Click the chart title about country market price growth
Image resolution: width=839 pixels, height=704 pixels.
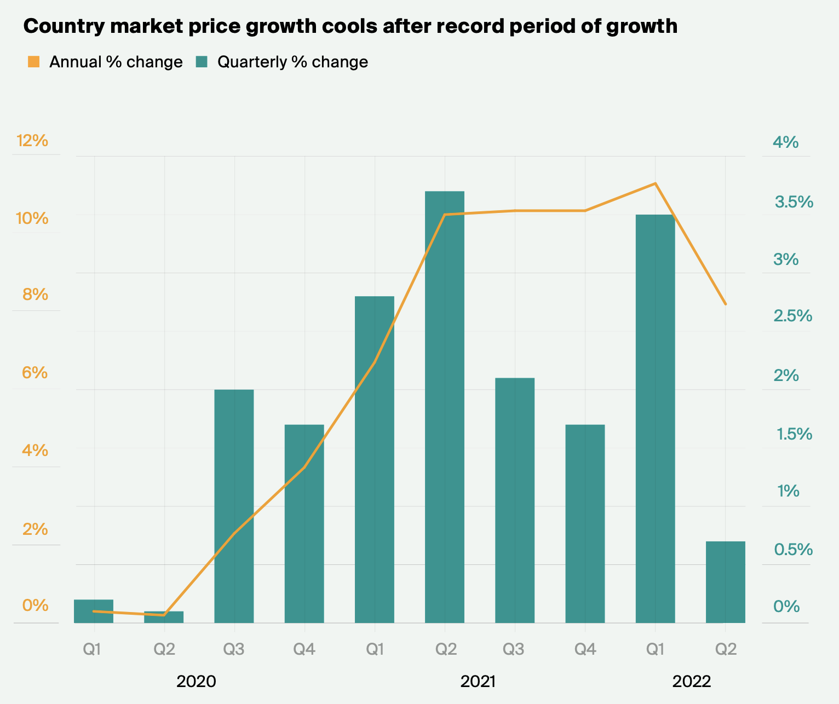point(350,26)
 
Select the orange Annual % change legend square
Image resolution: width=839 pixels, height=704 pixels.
point(34,62)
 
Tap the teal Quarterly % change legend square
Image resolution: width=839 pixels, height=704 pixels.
point(202,62)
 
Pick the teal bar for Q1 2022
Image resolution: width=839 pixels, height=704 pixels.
point(655,418)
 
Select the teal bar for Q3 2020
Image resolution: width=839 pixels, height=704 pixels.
point(234,506)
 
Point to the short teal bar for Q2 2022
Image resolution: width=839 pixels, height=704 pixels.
point(725,582)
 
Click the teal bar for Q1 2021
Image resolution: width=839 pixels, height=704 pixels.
point(375,459)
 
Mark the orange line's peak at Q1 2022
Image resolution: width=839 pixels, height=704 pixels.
point(655,183)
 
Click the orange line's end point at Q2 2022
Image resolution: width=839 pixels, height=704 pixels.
point(726,304)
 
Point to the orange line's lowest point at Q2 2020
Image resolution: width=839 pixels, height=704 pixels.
point(164,615)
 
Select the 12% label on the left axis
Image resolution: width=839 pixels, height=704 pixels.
point(32,141)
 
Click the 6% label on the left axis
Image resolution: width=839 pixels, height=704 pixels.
point(35,373)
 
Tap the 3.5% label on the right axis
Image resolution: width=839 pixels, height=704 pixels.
point(794,203)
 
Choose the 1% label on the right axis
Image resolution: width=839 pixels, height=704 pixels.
point(788,491)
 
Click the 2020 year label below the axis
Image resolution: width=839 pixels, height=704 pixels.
point(196,682)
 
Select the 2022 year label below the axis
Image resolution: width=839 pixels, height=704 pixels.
point(691,682)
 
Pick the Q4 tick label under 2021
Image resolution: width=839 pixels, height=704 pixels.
point(585,650)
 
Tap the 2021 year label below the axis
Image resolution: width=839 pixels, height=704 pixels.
point(478,682)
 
